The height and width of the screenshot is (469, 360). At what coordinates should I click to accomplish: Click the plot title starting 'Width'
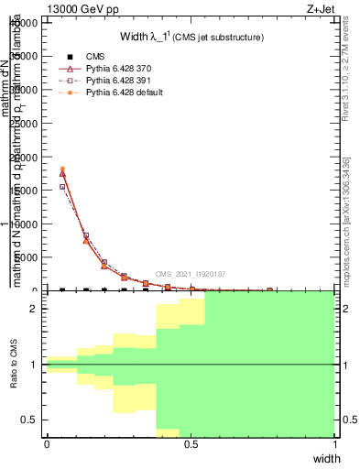(192, 37)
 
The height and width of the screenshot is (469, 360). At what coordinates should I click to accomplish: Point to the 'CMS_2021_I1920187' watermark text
(191, 274)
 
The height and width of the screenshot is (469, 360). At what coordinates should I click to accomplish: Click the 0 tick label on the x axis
(47, 444)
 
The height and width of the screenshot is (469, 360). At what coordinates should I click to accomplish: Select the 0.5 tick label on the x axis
(191, 444)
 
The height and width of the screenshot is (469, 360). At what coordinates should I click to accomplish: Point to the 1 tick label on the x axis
(334, 444)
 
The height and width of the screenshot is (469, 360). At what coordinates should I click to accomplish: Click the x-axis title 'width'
(326, 457)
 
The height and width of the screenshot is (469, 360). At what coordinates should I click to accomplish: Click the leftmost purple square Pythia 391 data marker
(62, 187)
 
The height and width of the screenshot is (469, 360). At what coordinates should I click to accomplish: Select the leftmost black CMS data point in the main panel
(62, 289)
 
